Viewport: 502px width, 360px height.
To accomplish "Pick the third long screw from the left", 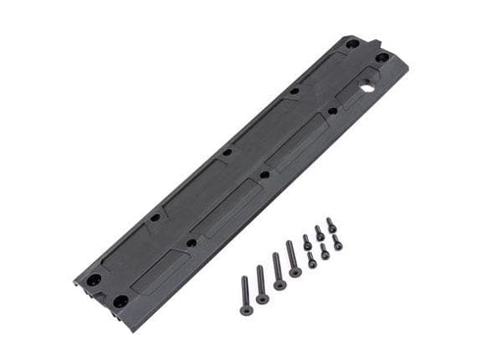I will coord(277,271).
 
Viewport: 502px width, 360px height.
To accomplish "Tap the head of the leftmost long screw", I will coord(244,282).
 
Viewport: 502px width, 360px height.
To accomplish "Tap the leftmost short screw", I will coord(307,240).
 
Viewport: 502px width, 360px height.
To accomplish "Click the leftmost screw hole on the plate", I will coord(92,278).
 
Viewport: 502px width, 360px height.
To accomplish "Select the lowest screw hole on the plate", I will coord(120,300).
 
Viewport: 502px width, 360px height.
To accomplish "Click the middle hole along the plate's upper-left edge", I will coord(226,153).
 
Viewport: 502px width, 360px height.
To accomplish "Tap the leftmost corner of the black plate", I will coord(75,281).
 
